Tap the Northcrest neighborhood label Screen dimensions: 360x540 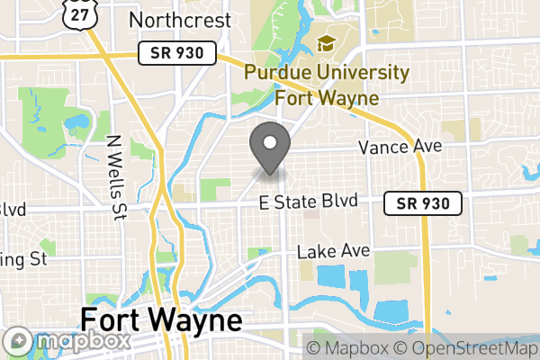point(180,19)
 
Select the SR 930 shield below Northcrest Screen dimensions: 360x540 point(178,54)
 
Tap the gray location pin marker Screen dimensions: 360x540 point(269,147)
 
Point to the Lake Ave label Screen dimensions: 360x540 point(333,251)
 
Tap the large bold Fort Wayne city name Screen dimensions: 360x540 point(161,320)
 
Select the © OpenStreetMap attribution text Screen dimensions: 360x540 point(468,348)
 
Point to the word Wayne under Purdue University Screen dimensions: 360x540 point(352,97)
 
